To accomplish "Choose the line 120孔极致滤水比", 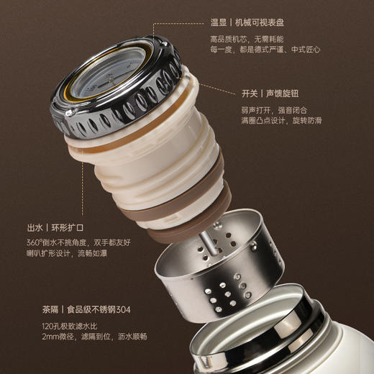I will click(70, 327).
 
